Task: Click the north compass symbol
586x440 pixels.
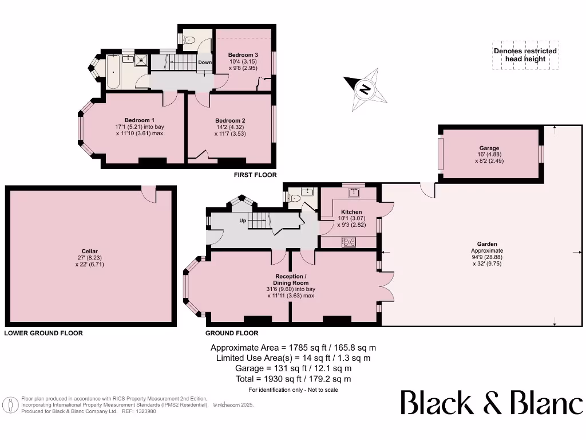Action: [x=364, y=89]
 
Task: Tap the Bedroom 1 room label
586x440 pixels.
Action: [x=137, y=120]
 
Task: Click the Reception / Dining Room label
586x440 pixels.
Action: [x=292, y=280]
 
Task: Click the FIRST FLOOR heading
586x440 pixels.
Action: [x=255, y=175]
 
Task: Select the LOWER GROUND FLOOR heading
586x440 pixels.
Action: [x=43, y=333]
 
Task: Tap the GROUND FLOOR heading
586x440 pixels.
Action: [x=232, y=333]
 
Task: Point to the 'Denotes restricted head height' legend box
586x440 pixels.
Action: [x=525, y=55]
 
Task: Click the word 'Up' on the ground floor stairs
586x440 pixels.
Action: [x=243, y=220]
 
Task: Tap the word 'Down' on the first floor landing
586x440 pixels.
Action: [x=205, y=62]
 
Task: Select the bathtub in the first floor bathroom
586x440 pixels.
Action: [x=113, y=72]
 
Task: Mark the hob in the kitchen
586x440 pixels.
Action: [x=349, y=242]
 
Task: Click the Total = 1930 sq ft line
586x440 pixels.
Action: [x=293, y=379]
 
